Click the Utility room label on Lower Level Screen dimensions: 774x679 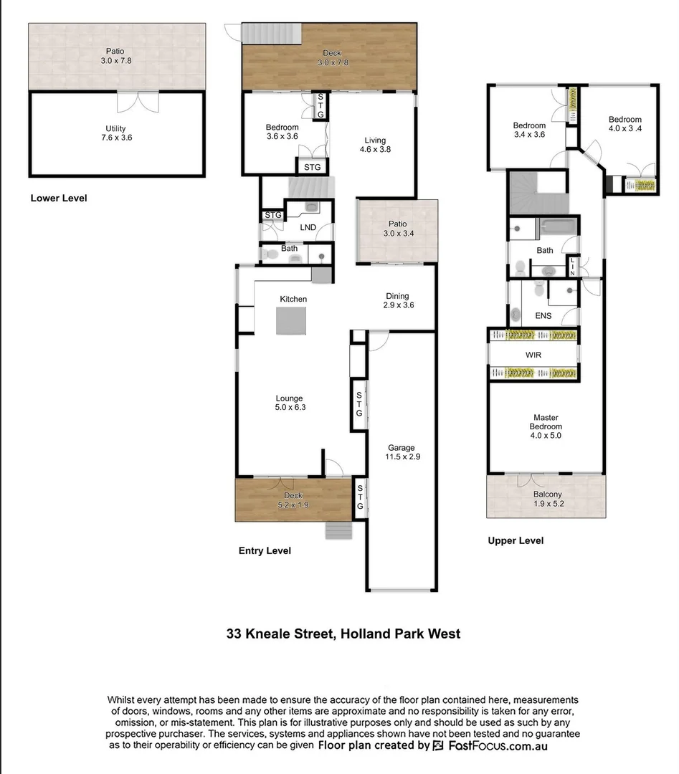pyautogui.click(x=115, y=133)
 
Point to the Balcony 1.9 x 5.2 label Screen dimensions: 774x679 pyautogui.click(x=547, y=499)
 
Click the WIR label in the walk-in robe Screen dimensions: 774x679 pyautogui.click(x=533, y=354)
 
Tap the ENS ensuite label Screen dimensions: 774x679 pyautogui.click(x=543, y=315)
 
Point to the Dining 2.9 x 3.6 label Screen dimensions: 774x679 pyautogui.click(x=397, y=300)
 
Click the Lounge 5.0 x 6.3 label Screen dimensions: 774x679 pyautogui.click(x=290, y=403)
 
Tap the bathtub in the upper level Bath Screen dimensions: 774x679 pyautogui.click(x=558, y=228)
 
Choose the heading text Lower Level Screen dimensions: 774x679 pyautogui.click(x=59, y=198)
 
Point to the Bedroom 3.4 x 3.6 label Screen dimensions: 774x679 pyautogui.click(x=529, y=130)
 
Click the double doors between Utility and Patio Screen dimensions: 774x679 pyautogui.click(x=136, y=100)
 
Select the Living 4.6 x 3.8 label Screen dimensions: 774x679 pyautogui.click(x=374, y=145)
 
